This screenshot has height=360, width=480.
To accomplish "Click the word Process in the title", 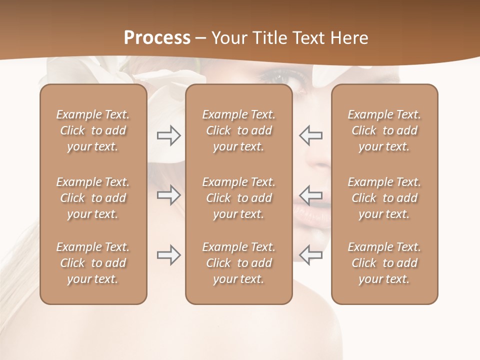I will pos(157,38).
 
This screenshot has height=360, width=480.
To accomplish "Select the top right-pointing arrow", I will pos(168,135).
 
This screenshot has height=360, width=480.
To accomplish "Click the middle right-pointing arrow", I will pos(168,195).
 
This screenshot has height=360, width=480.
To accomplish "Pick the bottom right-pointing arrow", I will pos(168,255).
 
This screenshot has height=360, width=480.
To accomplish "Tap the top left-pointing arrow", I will pos(311,135).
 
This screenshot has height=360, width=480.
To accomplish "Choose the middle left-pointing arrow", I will pos(311,195).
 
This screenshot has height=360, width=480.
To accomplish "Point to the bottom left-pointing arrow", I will pos(311,255).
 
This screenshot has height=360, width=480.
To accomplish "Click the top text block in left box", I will pos(93,130).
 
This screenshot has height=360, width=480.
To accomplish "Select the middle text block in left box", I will pos(93,198).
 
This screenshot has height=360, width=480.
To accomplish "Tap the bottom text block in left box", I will pos(93,263).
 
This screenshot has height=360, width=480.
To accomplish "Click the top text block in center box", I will pos(238,130).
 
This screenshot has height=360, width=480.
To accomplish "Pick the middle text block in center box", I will pos(238,198).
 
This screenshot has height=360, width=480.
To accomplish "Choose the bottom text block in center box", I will pos(238,263).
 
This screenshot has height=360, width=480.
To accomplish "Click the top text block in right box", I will pos(384,130).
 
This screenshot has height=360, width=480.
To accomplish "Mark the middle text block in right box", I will pos(384,198).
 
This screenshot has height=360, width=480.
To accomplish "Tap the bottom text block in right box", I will pos(384,263).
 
